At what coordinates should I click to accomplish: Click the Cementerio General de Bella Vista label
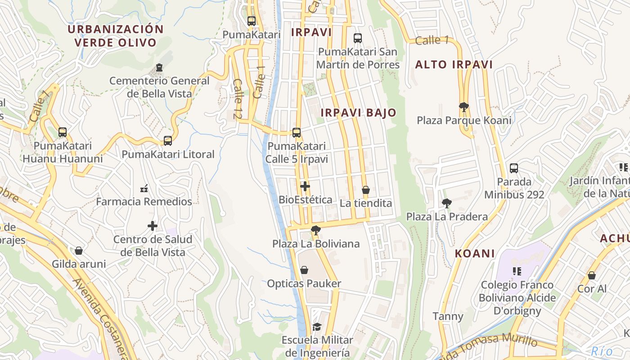159,87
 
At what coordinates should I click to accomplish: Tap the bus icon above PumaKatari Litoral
168,141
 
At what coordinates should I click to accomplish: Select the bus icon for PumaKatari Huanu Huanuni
63,132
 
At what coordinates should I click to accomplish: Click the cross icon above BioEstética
305,186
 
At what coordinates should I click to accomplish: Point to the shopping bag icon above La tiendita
366,190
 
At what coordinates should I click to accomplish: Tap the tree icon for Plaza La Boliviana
316,230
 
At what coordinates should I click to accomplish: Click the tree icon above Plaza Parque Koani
463,107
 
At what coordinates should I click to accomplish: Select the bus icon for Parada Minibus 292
514,168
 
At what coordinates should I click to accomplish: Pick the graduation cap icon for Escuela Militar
317,326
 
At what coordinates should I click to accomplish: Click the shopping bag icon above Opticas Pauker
304,270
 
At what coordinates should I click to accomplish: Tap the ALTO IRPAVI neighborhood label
454,65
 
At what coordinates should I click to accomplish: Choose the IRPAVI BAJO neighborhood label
358,113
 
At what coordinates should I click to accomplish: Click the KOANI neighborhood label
475,253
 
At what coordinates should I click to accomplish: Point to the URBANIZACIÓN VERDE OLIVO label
115,36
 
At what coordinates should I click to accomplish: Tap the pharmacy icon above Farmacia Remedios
144,188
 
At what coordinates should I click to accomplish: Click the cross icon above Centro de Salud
153,225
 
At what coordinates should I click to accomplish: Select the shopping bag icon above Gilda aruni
79,251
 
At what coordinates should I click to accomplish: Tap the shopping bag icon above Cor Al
592,275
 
